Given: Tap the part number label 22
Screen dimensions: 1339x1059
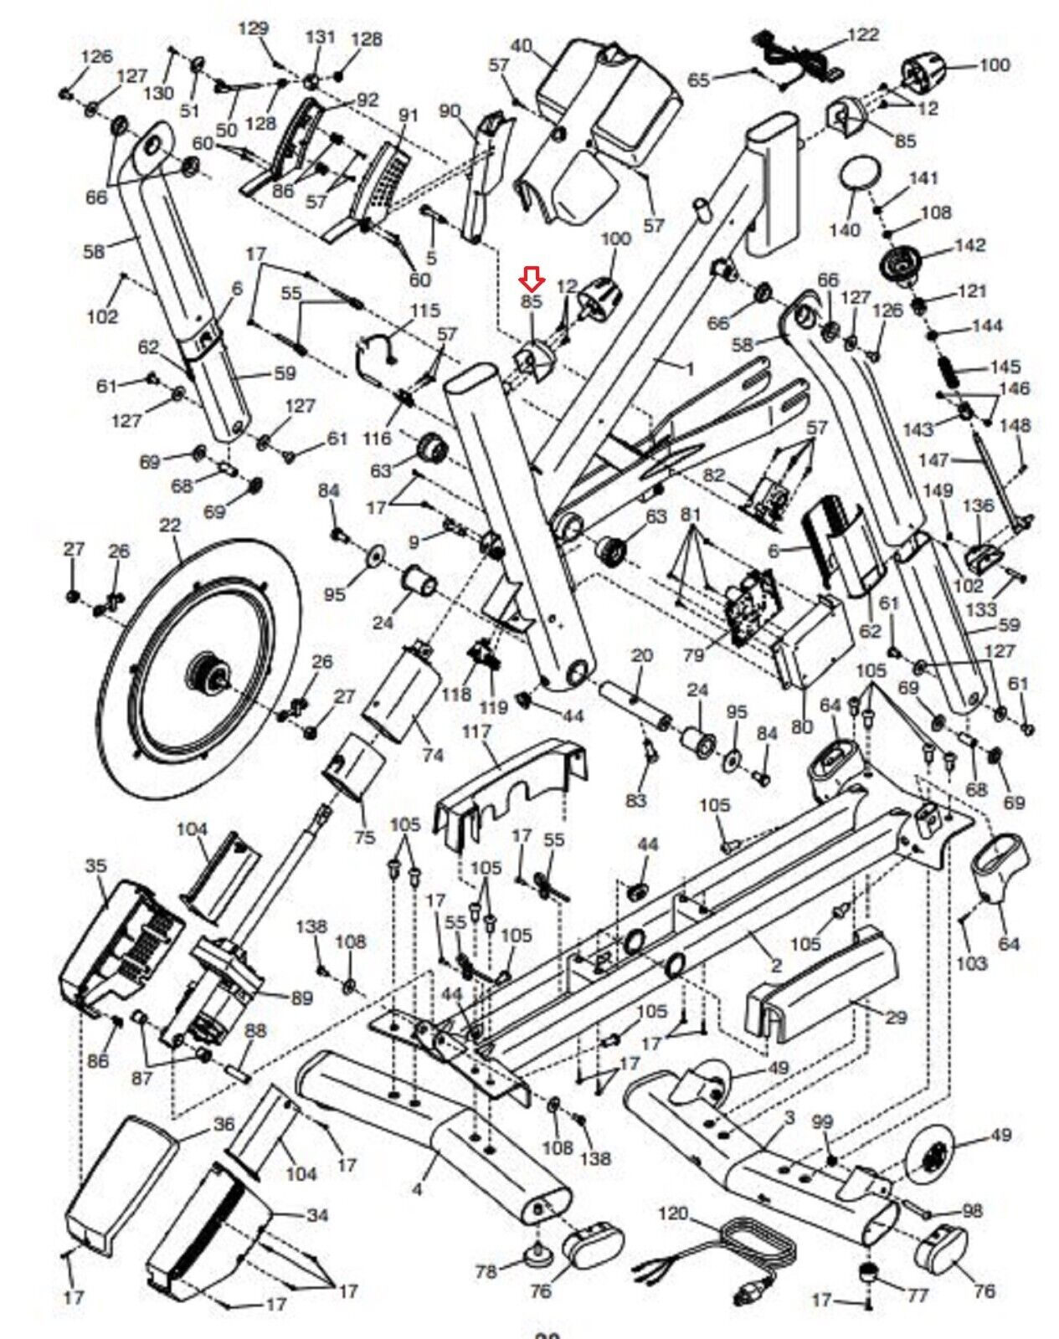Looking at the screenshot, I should (170, 525).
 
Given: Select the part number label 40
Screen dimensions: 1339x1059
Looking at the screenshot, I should (521, 45).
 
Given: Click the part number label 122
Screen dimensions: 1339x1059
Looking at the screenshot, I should (863, 34).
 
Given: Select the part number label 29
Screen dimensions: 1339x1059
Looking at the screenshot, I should (896, 1018).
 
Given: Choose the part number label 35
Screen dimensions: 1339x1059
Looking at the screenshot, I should (96, 865).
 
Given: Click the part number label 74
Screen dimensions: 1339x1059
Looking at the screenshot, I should (432, 755).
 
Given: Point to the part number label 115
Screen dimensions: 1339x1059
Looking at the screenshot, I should (425, 311).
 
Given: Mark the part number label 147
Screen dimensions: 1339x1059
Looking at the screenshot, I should (933, 459).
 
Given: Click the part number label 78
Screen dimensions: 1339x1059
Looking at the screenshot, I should (486, 1271).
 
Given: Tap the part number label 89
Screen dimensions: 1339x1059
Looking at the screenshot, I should (301, 998).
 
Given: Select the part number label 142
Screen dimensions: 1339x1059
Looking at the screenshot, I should (969, 245).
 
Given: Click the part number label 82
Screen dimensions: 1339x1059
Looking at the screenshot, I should (714, 475).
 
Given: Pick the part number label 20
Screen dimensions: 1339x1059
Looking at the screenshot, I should (641, 655).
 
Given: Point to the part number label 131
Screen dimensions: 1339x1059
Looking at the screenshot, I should (320, 38).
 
